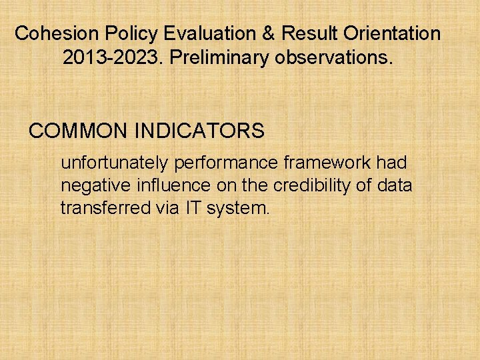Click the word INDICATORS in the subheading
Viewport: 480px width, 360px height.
pos(199,131)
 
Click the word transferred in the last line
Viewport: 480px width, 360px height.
pos(106,208)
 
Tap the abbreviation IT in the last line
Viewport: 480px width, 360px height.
pos(192,208)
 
